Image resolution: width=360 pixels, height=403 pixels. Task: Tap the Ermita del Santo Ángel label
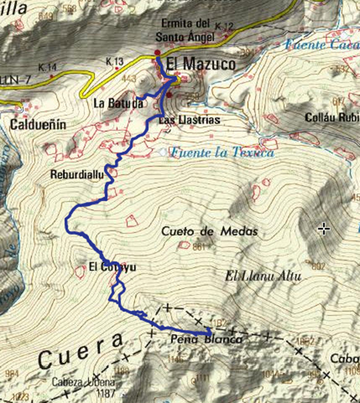185,30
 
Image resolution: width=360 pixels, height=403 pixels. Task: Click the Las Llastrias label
182,120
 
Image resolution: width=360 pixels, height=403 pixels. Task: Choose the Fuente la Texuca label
222,152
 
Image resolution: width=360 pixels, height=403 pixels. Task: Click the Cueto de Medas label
209,232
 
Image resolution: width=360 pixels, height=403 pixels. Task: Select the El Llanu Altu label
263,276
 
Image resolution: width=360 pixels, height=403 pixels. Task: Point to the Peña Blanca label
206,340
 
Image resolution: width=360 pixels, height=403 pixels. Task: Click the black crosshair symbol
324,230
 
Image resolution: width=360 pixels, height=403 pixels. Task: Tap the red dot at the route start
157,53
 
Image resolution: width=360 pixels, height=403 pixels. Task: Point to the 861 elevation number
200,247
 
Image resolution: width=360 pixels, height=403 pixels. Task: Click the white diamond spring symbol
162,152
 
